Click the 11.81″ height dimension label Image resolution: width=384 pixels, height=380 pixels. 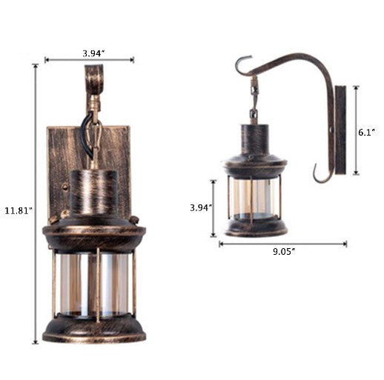pos(17,210)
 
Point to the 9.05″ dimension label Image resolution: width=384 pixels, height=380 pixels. pos(283,251)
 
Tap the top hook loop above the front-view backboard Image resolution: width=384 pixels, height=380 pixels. pos(94,78)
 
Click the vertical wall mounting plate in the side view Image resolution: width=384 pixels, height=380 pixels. pos(340,130)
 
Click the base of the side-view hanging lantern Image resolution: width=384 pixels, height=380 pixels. pos(254,226)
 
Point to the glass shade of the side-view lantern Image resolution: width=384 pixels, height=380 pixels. pos(254,196)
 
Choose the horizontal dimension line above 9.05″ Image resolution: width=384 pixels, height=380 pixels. pos(282,243)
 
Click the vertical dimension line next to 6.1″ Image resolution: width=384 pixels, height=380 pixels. pos(356,130)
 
